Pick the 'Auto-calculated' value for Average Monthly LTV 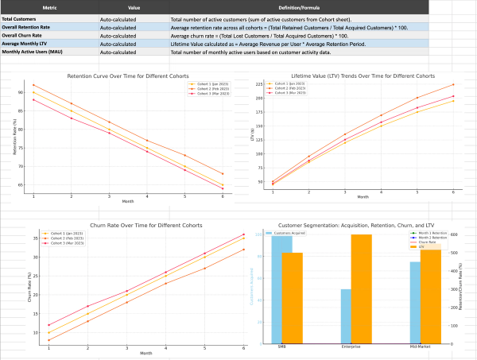coord(118,44)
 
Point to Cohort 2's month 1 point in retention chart coord(33,84)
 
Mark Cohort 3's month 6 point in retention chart coord(222,189)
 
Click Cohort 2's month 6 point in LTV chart coord(453,84)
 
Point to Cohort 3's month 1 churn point coord(48,324)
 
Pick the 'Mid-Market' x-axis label coord(413,348)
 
